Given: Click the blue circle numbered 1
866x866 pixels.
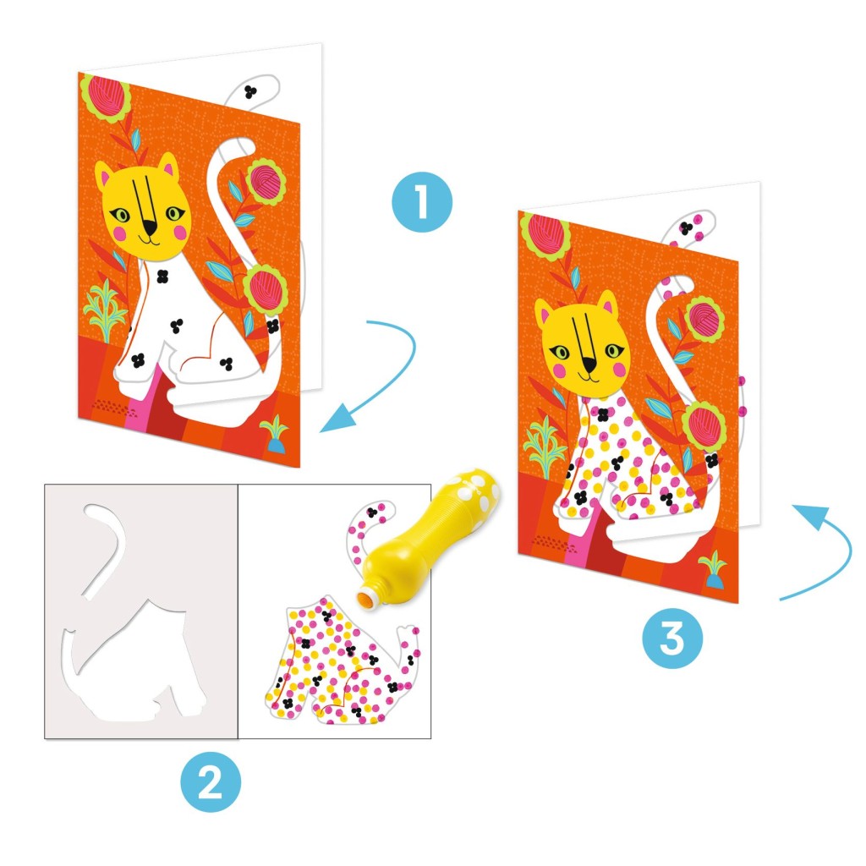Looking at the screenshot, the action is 422,202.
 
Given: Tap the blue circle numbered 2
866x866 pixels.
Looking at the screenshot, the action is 211,781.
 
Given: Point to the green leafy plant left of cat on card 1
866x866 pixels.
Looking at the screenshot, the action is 105,310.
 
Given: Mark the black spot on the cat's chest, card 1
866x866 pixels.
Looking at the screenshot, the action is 162,277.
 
